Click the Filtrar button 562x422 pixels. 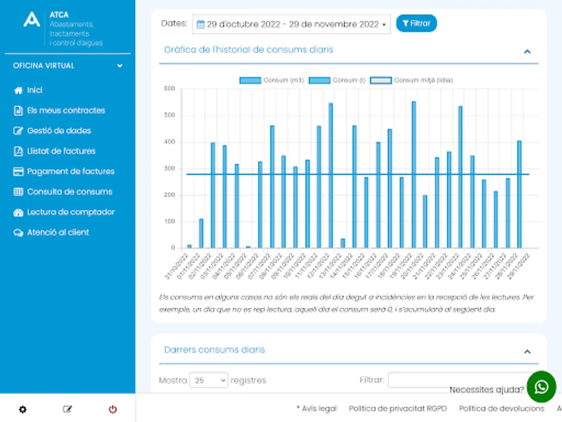[416, 23]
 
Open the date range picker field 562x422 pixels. [291, 24]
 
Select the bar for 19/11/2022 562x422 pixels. [414, 174]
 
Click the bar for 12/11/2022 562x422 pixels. [331, 175]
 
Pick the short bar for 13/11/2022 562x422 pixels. [342, 243]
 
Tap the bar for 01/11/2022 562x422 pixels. [201, 234]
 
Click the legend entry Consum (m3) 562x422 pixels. [272, 80]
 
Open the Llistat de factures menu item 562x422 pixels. [61, 151]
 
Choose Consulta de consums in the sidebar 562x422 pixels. [69, 192]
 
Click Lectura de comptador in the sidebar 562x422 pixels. [71, 212]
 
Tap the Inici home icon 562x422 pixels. [18, 90]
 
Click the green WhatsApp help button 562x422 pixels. [541, 387]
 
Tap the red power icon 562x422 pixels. [113, 409]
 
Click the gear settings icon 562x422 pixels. [22, 409]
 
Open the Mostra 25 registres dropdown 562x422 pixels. [209, 380]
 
